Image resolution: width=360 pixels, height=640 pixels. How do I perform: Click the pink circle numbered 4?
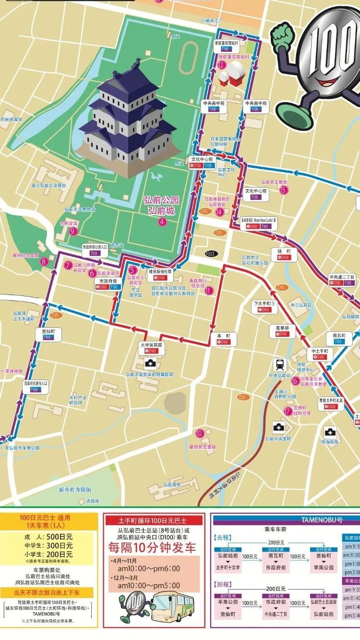(x=162, y=222)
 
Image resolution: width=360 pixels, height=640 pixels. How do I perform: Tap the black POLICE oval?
(x=210, y=253)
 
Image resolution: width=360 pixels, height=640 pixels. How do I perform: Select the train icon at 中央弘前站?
(x=279, y=363)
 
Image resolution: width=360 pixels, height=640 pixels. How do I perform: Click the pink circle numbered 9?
(x=73, y=231)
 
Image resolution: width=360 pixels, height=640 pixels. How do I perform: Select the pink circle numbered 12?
(x=221, y=65)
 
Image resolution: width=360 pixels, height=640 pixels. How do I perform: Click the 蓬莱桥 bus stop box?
(x=282, y=331)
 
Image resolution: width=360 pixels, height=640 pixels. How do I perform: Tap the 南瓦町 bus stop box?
(x=338, y=338)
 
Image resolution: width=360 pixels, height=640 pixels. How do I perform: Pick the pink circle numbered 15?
(x=283, y=190)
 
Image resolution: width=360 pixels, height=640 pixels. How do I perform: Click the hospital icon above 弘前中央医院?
(x=278, y=427)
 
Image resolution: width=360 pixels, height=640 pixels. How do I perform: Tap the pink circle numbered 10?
(x=200, y=433)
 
